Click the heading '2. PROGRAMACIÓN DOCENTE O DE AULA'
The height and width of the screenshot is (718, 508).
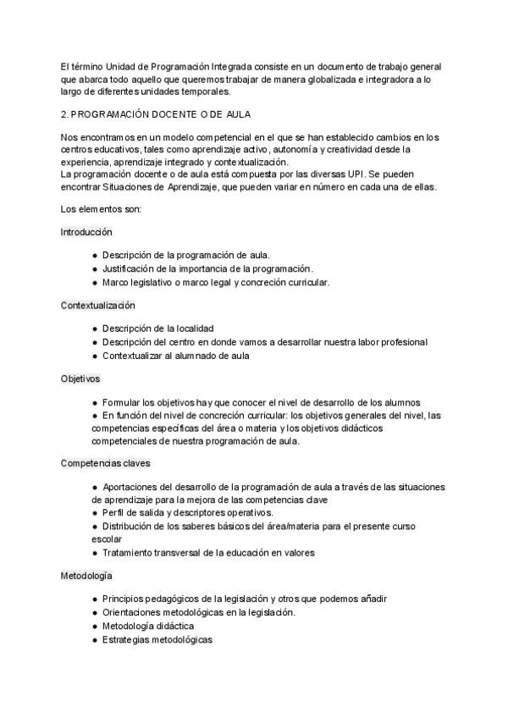point(155,113)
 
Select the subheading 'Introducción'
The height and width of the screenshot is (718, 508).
point(86,231)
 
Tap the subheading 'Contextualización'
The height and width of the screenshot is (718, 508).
point(98,305)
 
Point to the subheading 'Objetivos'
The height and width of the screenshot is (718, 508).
point(80,378)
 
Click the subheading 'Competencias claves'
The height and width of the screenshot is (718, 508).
point(106,463)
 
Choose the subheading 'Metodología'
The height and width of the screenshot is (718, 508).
point(86,576)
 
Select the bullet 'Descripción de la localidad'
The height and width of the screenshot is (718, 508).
point(157,328)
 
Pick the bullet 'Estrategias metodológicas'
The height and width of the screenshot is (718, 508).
point(157,639)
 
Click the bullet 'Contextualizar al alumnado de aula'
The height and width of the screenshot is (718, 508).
point(175,356)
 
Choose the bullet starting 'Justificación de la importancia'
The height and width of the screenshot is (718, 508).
point(207,268)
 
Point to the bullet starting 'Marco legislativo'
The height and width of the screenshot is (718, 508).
point(215,282)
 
